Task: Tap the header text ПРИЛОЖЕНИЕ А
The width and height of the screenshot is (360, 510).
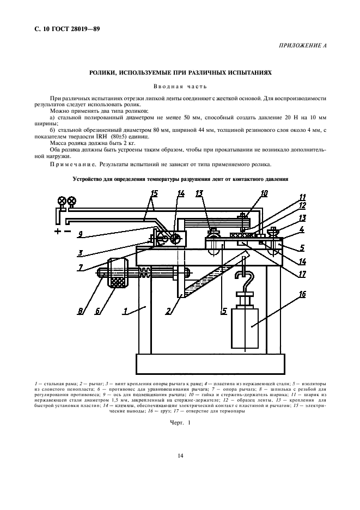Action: pos(303,46)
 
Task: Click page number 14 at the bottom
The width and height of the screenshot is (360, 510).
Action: pos(179,457)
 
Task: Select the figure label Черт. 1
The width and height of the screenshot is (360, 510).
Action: pos(180,423)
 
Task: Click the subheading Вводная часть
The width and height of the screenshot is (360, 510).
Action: pos(179,86)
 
